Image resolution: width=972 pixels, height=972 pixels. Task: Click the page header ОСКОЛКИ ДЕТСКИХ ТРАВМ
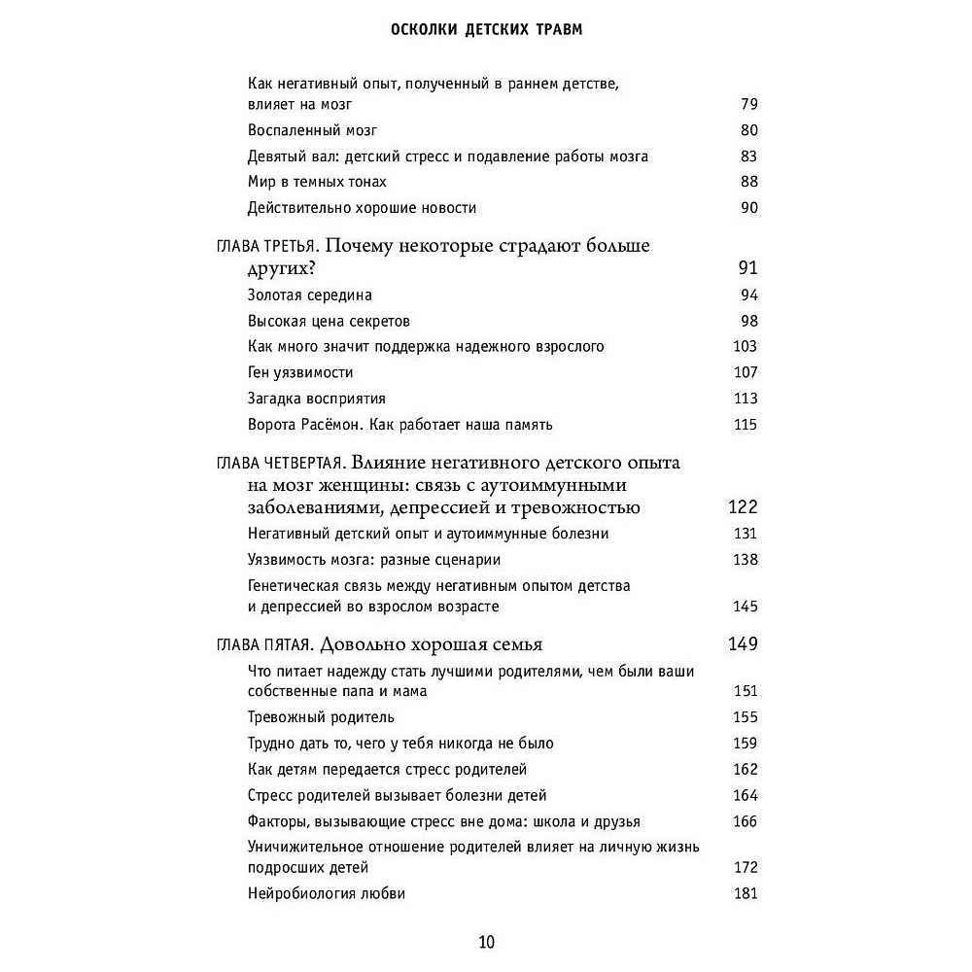pos(485,29)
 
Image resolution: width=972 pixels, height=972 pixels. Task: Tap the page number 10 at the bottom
pos(486,942)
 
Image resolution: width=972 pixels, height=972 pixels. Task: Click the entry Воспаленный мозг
pos(312,130)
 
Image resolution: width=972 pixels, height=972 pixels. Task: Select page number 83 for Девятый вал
pos(747,156)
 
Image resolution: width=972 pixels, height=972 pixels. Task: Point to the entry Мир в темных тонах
pos(317,182)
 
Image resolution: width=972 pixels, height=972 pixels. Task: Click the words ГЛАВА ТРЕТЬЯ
pos(261,246)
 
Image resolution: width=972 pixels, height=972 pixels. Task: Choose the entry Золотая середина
pos(310,295)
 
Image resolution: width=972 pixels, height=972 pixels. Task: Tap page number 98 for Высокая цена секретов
pos(747,321)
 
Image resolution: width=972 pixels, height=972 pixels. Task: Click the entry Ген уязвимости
pos(300,372)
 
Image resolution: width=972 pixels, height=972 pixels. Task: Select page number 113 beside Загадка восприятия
pos(744,399)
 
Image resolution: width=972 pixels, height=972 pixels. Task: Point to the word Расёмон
pos(335,425)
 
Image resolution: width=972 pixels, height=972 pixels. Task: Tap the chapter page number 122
pos(743,507)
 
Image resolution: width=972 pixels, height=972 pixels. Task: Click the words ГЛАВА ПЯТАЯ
pos(259,644)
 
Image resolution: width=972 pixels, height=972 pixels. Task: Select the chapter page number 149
pos(743,643)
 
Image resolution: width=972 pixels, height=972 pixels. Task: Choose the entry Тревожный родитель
pos(321,717)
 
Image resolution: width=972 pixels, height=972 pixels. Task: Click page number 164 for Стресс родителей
pos(744,795)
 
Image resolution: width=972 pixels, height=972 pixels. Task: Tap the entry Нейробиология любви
pos(327,893)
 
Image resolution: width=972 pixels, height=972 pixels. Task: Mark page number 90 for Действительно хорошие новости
pos(747,208)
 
